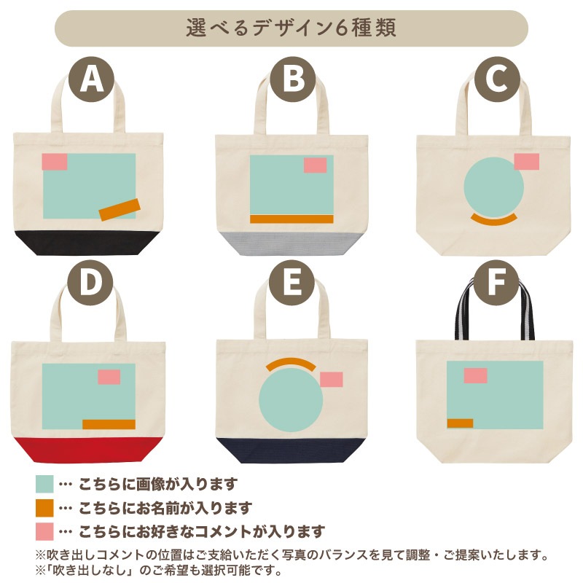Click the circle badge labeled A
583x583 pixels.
point(91,79)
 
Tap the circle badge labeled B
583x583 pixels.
point(293,79)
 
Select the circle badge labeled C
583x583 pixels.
point(497,79)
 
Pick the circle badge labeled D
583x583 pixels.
point(90,283)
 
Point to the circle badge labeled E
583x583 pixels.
point(291,283)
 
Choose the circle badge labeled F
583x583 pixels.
point(497,283)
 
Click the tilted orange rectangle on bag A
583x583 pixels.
point(120,210)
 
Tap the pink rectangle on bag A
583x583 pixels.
point(54,162)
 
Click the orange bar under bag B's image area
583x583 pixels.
point(291,219)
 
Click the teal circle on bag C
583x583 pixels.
point(494,187)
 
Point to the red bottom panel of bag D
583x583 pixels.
point(88,450)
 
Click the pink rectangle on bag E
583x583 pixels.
point(332,379)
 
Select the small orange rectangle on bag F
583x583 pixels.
point(460,423)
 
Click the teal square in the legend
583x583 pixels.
point(44,484)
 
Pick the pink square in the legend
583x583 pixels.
point(44,531)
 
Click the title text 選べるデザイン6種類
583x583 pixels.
point(291,28)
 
